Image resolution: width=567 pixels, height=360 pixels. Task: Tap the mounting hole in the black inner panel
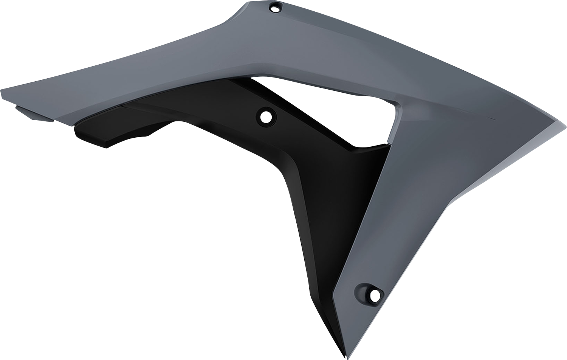pos(266,117)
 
